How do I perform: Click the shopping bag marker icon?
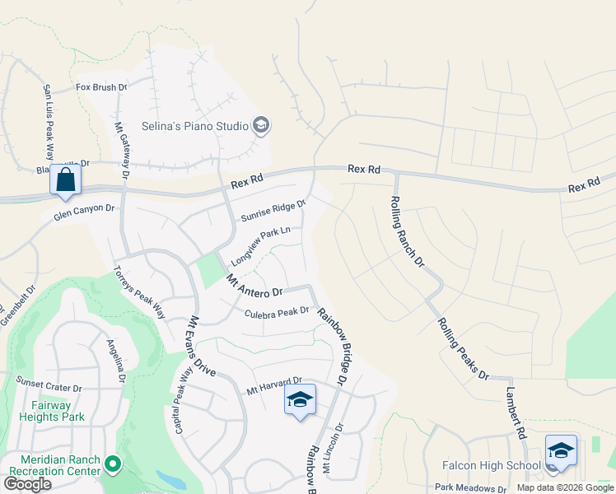[x=65, y=180]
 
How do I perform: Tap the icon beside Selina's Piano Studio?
[x=262, y=126]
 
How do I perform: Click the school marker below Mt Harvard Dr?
[x=301, y=400]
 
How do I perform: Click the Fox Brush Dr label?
[x=101, y=86]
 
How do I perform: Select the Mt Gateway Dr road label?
[x=122, y=151]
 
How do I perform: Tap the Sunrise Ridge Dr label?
[x=273, y=210]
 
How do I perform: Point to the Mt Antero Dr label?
[x=254, y=285]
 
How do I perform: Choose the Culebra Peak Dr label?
[x=276, y=312]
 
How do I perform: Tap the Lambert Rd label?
[x=516, y=412]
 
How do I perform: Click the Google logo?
[x=27, y=483]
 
